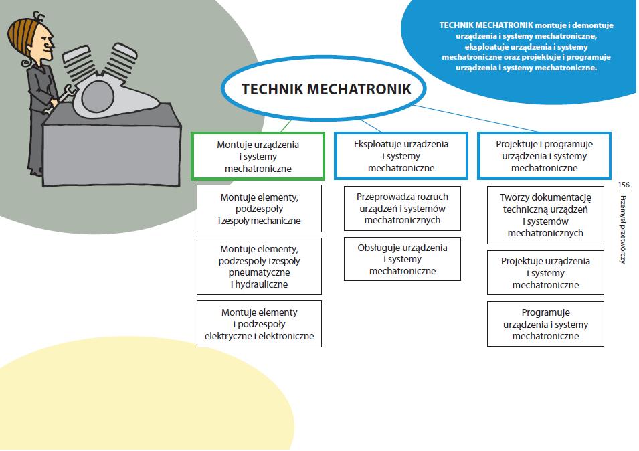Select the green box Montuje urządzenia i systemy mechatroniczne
coord(258,156)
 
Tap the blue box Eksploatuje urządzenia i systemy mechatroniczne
coord(401,156)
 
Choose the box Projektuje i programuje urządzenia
coord(544,156)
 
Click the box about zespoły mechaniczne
coord(259,209)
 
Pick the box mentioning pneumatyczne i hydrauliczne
coord(259,266)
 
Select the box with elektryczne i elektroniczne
coord(259,324)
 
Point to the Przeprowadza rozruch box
coord(402,208)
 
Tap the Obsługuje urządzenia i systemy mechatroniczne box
coord(402,259)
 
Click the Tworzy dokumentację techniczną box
coord(545,215)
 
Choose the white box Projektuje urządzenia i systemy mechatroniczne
coord(545,273)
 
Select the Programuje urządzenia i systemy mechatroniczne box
coord(545,324)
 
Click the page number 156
coord(624,185)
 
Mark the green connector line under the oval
coord(286,125)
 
